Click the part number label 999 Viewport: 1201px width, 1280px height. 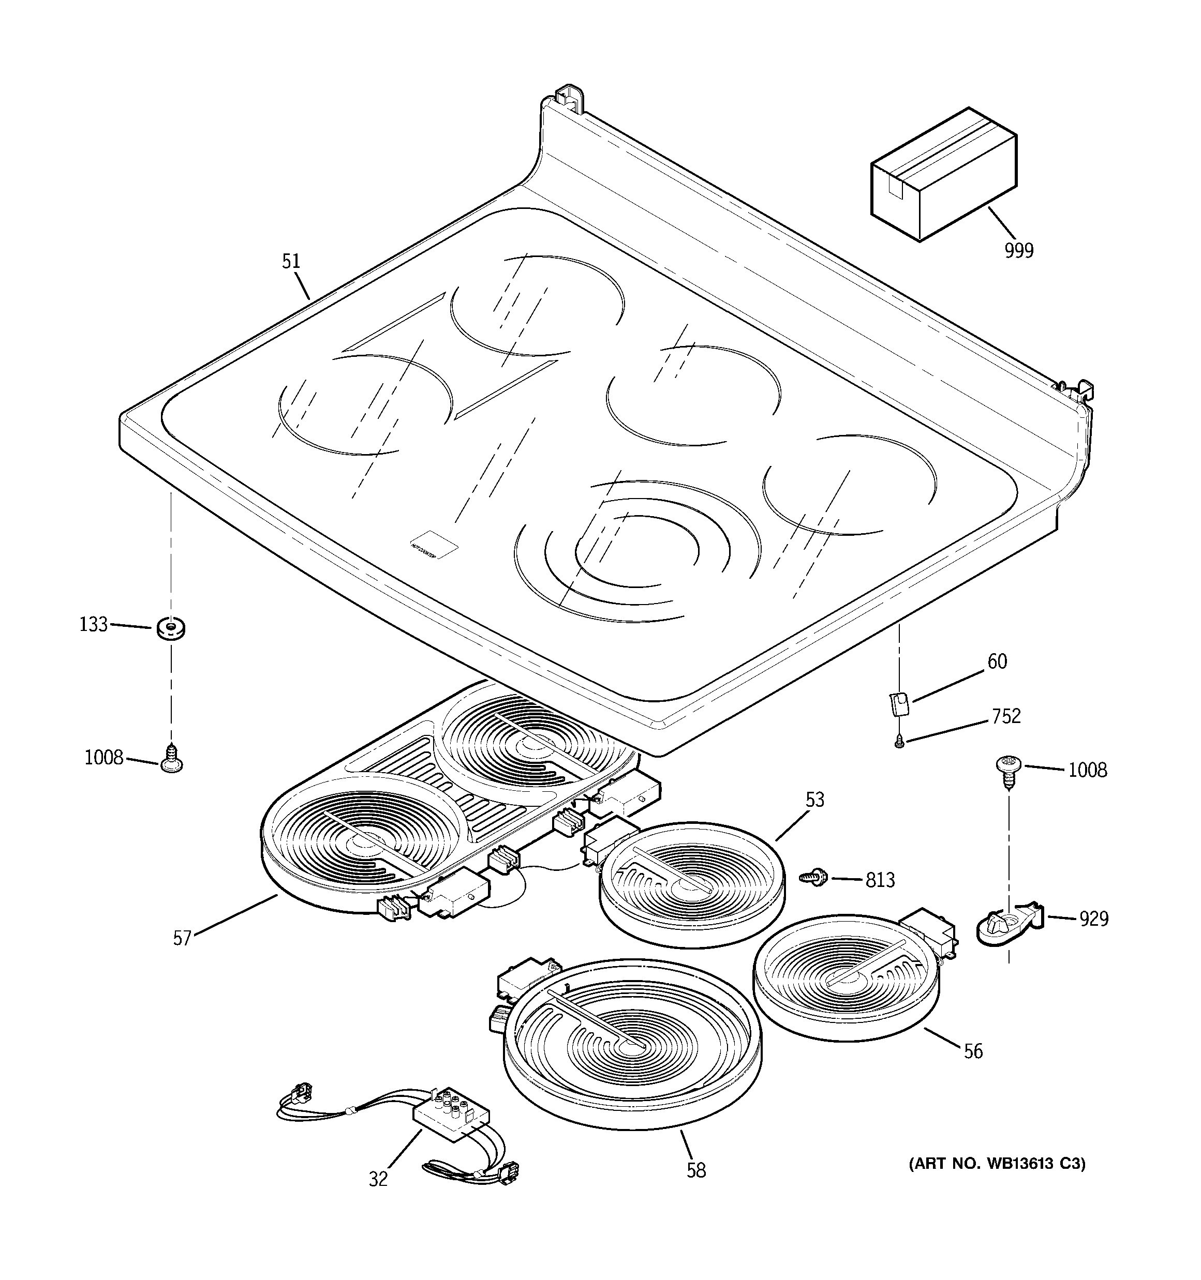(1019, 250)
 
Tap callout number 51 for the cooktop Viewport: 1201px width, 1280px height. (291, 261)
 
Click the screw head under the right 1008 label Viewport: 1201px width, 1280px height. (1007, 767)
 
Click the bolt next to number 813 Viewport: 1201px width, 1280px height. (814, 877)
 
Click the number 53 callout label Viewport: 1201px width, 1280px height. (814, 800)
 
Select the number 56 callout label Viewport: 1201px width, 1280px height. (973, 1051)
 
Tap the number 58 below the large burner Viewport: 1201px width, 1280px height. (696, 1170)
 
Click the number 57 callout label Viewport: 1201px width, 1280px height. (182, 938)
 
